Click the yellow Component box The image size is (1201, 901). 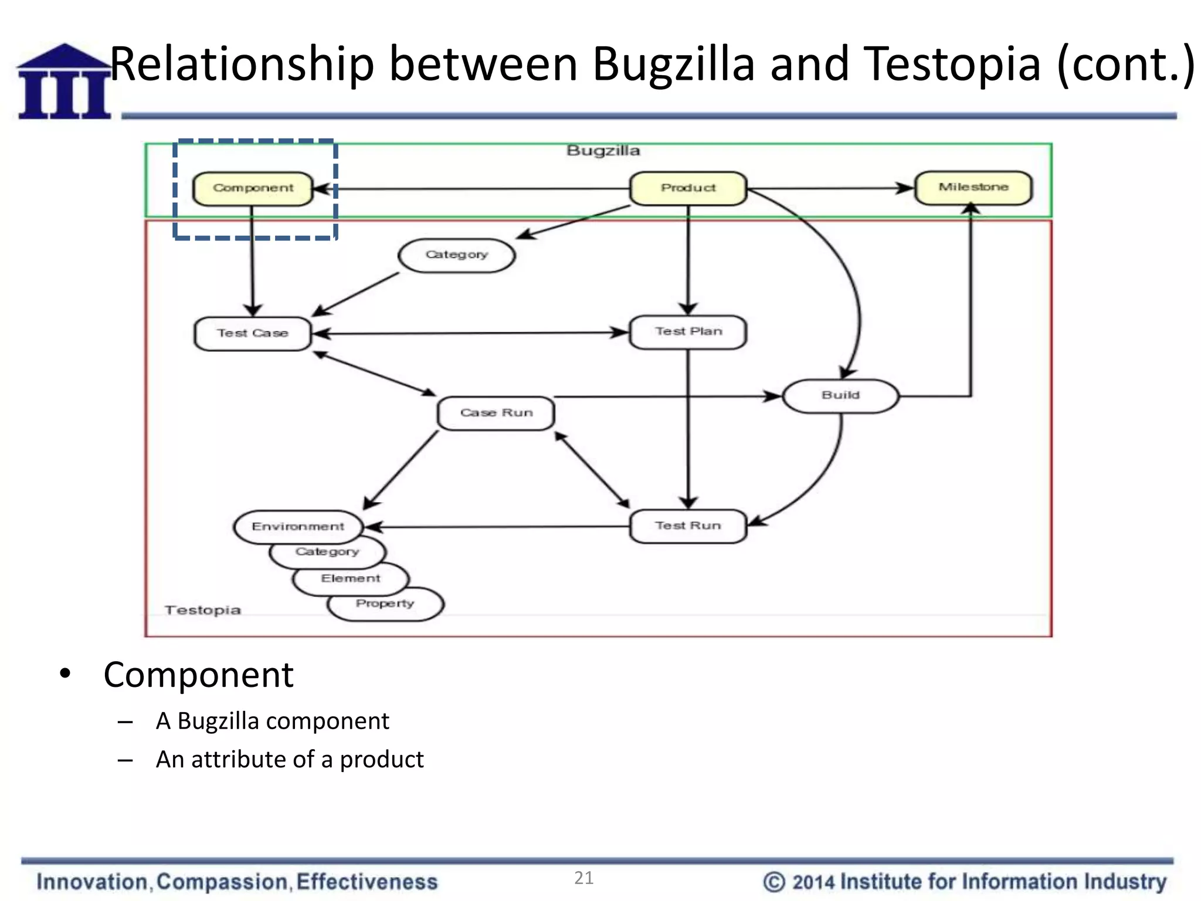click(253, 188)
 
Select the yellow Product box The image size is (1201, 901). click(688, 188)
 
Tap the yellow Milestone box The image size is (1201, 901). click(973, 188)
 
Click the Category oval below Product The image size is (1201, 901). click(456, 255)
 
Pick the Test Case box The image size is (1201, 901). click(252, 334)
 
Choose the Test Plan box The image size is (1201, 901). click(688, 332)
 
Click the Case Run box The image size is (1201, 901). click(496, 413)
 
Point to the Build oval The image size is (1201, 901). click(840, 396)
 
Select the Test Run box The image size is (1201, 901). click(688, 526)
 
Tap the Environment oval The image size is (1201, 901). click(297, 526)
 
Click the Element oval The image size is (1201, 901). click(350, 579)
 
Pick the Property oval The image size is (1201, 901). click(385, 604)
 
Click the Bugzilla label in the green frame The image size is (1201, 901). click(603, 151)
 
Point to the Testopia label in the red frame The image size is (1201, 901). click(203, 610)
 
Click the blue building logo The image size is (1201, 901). click(64, 82)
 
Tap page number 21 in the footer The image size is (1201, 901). click(583, 878)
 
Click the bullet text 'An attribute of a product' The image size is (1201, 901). click(289, 759)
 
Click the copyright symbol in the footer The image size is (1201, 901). click(773, 882)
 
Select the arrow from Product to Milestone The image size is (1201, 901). click(830, 189)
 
